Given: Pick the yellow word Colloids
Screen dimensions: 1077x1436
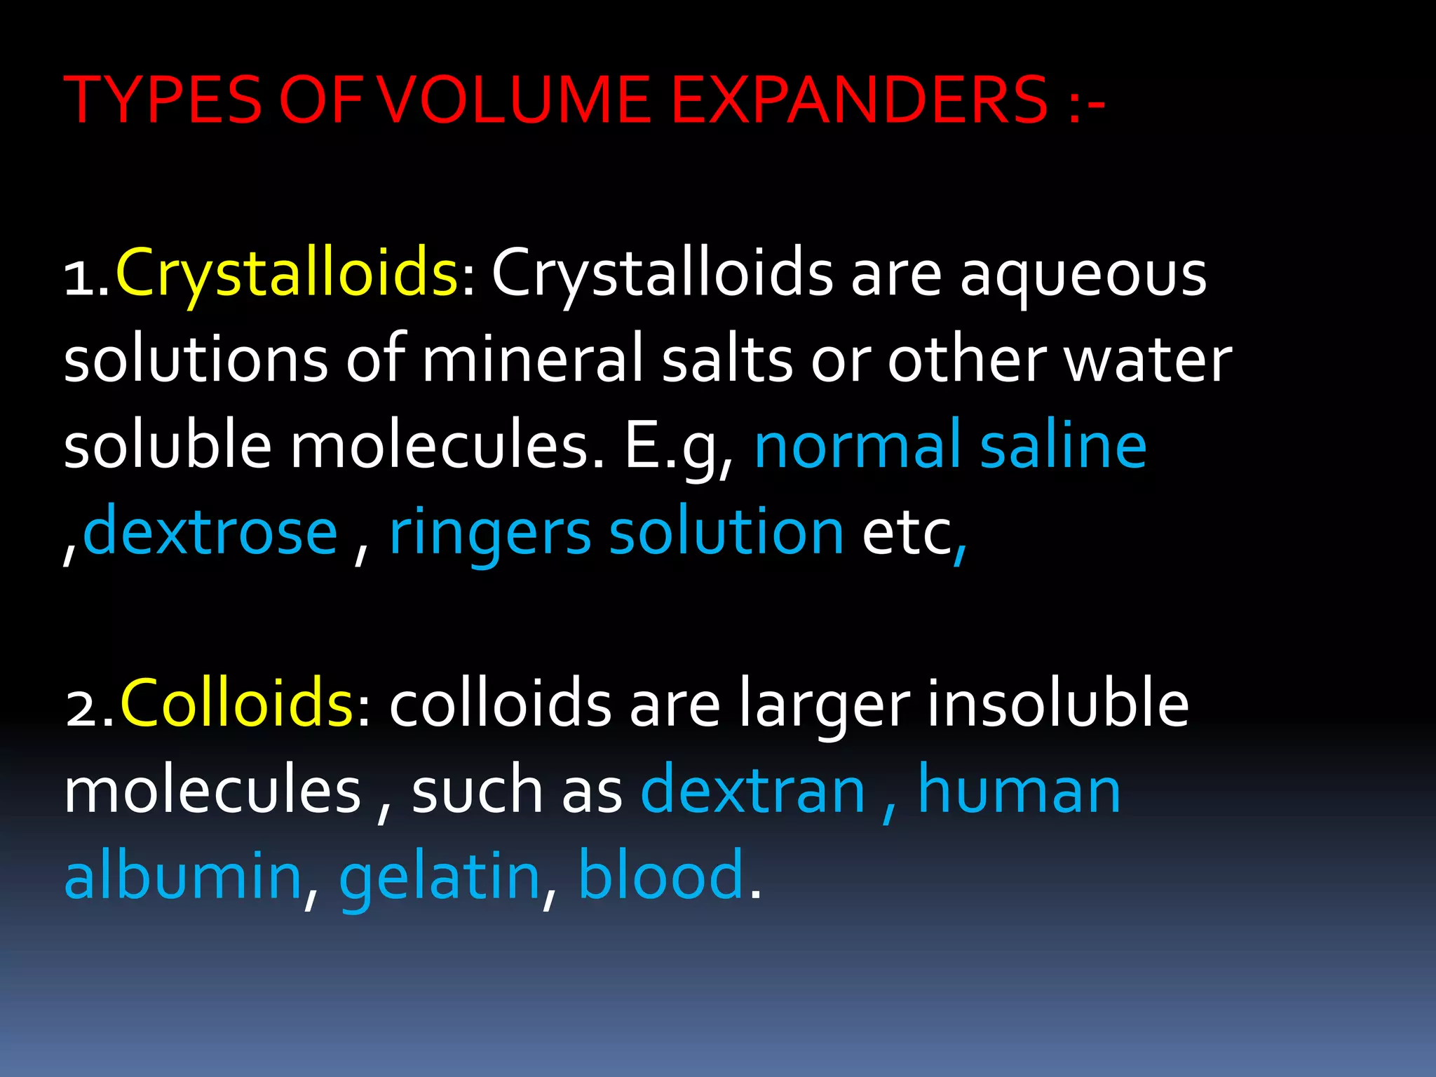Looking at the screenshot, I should tap(237, 704).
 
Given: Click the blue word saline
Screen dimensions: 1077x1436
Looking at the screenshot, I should tap(1063, 446).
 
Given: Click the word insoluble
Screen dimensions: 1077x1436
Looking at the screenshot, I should tap(1058, 704).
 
